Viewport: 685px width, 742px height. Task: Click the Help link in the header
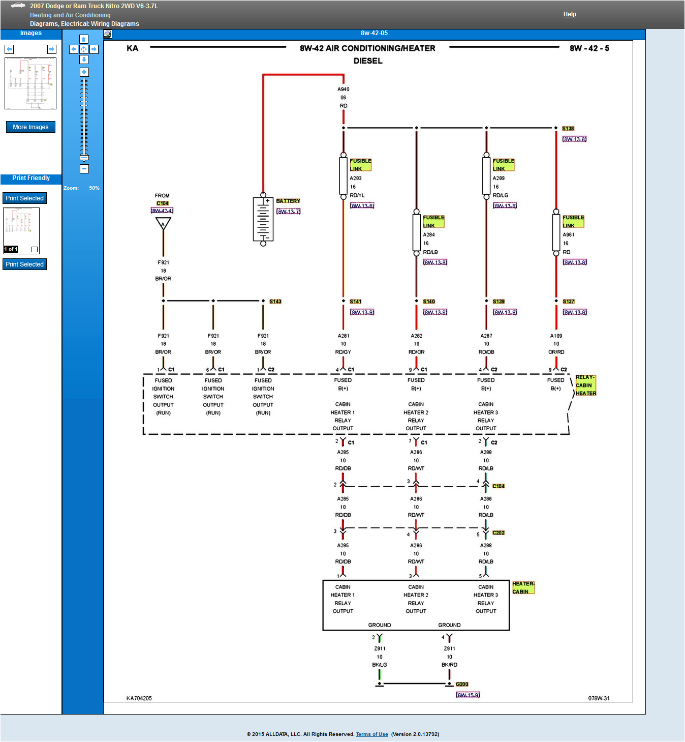coord(569,14)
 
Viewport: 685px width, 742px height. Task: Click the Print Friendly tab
coord(31,179)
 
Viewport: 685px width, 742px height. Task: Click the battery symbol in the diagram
coord(263,219)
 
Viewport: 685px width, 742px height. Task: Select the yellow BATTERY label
coord(288,201)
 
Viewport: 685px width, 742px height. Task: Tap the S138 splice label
coord(568,129)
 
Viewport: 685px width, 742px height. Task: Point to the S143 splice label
coord(275,302)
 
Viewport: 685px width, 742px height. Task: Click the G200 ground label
coord(462,685)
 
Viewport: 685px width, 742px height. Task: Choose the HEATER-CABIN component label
coord(523,588)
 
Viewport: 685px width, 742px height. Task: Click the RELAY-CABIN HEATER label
coord(585,385)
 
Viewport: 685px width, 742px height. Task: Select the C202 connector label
coord(499,533)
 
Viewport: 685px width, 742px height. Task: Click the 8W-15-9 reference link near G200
coord(468,695)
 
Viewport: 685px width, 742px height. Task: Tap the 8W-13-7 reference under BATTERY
coord(288,212)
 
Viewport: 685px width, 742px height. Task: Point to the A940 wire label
coord(344,90)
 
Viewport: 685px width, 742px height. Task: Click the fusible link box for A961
coord(556,232)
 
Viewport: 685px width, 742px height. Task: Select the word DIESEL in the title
coord(368,61)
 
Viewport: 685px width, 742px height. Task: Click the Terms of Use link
coord(372,734)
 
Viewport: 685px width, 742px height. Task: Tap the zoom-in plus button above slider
coord(84,72)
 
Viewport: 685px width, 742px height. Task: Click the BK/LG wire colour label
coord(380,665)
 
